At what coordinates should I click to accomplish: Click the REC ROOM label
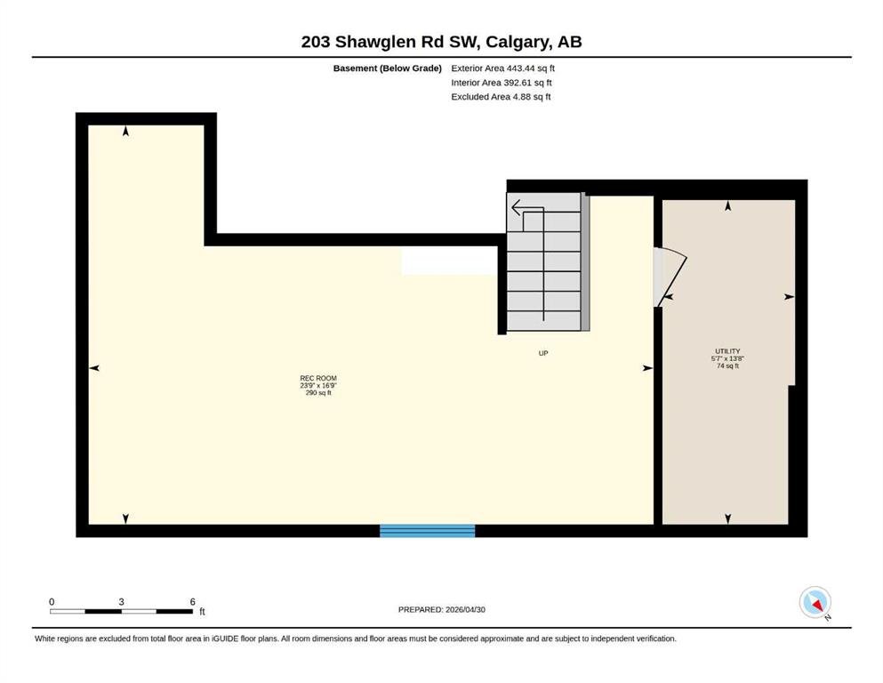pos(318,378)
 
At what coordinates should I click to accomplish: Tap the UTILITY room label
pos(727,351)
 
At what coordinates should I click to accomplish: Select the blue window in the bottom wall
pos(428,530)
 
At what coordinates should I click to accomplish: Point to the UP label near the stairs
pos(542,354)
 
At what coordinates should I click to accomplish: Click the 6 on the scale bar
pos(193,602)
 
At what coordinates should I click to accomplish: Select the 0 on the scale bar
pos(52,602)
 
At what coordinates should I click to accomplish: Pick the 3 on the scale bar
pos(121,602)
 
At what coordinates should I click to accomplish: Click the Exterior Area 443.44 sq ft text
pos(503,68)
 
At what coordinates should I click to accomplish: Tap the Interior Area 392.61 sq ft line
pos(502,83)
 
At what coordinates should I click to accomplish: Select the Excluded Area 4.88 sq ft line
pos(501,97)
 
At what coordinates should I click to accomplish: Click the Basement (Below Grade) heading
pos(388,68)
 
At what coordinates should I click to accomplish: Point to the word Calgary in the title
pos(518,42)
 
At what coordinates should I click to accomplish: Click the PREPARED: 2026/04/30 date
pos(441,610)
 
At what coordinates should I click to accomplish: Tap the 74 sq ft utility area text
pos(727,366)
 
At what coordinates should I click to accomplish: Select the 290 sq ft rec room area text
pos(318,393)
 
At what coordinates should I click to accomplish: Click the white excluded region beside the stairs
pos(449,261)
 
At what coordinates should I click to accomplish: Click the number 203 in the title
pos(316,42)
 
